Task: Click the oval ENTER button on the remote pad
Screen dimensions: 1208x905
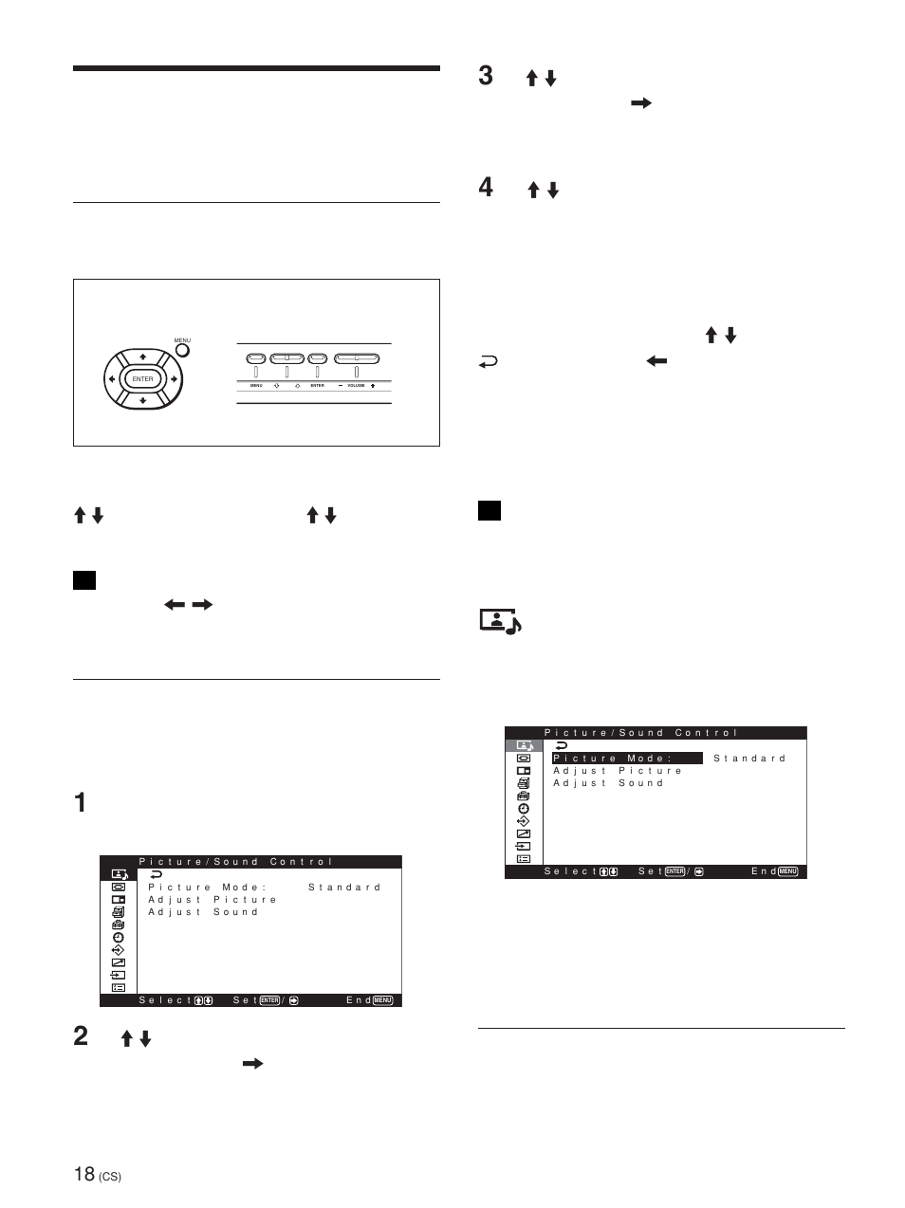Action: click(x=142, y=379)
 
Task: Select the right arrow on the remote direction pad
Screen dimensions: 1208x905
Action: click(x=174, y=379)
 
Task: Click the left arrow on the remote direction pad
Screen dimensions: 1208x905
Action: click(x=112, y=379)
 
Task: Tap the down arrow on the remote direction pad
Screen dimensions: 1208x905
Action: click(x=142, y=400)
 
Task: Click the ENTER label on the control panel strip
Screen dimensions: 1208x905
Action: click(x=317, y=386)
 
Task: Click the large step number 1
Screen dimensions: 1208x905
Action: click(x=80, y=802)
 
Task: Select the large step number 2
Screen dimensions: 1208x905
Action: click(x=81, y=1035)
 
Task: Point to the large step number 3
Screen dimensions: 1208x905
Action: click(x=486, y=76)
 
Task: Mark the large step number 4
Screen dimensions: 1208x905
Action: click(x=486, y=188)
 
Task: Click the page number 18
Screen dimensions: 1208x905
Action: click(x=83, y=1174)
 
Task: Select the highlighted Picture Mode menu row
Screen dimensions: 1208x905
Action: click(x=627, y=759)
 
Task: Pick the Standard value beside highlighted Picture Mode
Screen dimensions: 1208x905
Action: click(x=749, y=759)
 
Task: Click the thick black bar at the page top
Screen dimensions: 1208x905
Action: click(x=256, y=68)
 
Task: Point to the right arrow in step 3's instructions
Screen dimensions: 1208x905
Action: click(x=641, y=103)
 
